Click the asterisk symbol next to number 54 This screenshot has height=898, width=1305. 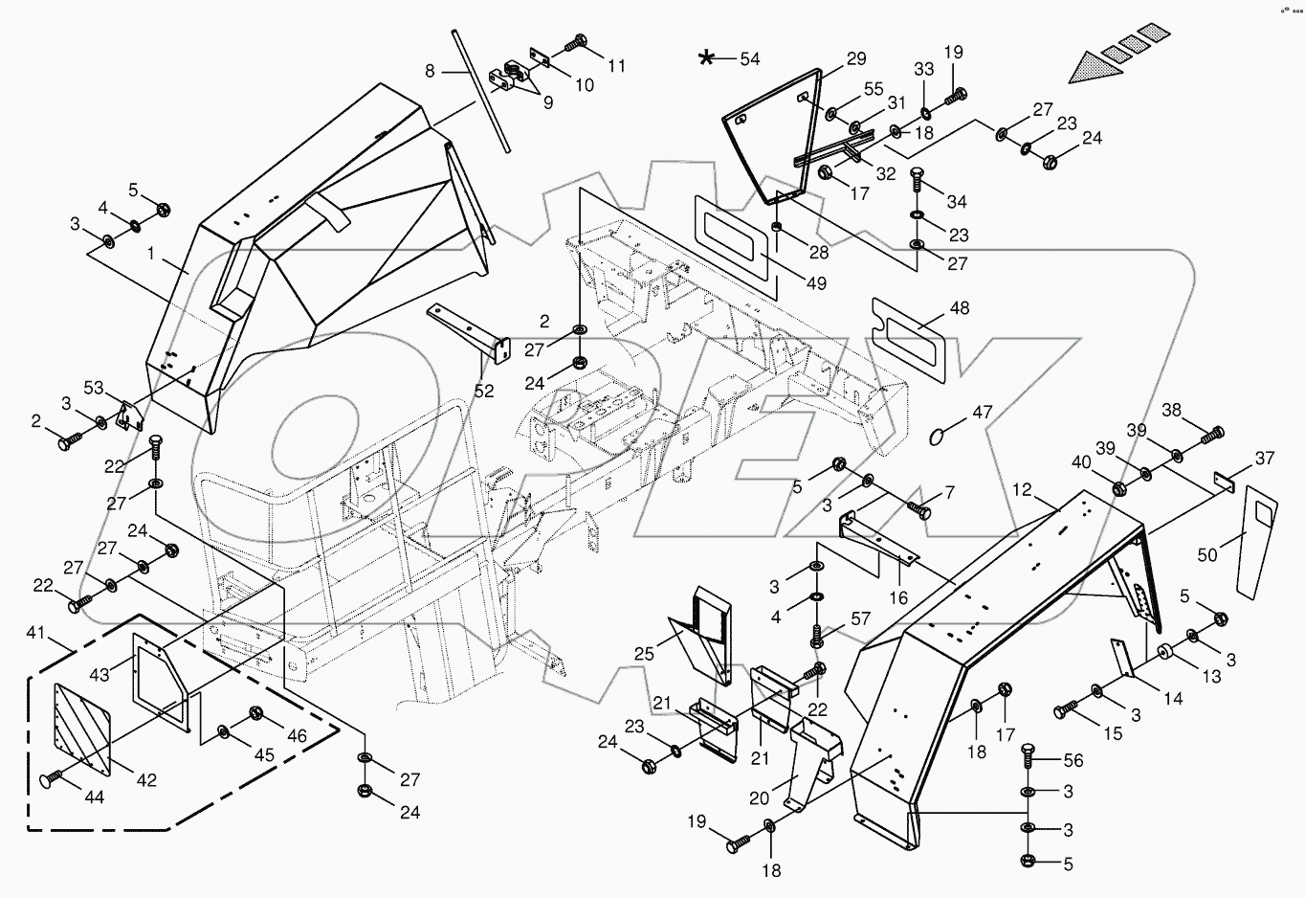[706, 59]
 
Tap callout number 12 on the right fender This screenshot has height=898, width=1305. [1022, 490]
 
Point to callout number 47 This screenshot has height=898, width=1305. [983, 413]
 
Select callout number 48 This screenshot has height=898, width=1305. [959, 308]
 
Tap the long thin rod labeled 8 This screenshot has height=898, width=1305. [481, 90]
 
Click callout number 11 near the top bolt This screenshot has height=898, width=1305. [616, 66]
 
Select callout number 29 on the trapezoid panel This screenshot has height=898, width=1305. [855, 58]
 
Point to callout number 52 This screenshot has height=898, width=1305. [485, 391]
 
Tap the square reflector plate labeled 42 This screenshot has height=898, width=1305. [86, 725]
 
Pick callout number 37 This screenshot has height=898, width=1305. [1265, 459]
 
